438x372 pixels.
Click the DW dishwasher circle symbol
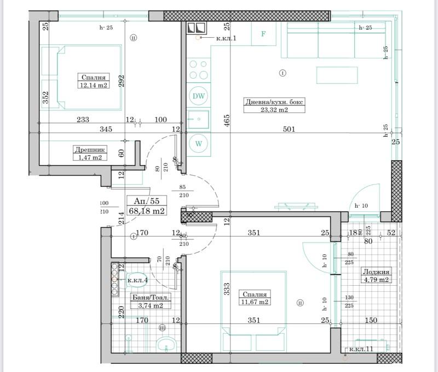(199, 97)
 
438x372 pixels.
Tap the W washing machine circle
(199, 144)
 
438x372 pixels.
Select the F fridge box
(263, 34)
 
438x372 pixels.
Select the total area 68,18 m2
(146, 210)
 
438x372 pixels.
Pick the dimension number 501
(289, 129)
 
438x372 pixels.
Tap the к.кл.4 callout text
(137, 280)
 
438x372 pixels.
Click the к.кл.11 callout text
(362, 349)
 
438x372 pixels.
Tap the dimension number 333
(226, 288)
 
